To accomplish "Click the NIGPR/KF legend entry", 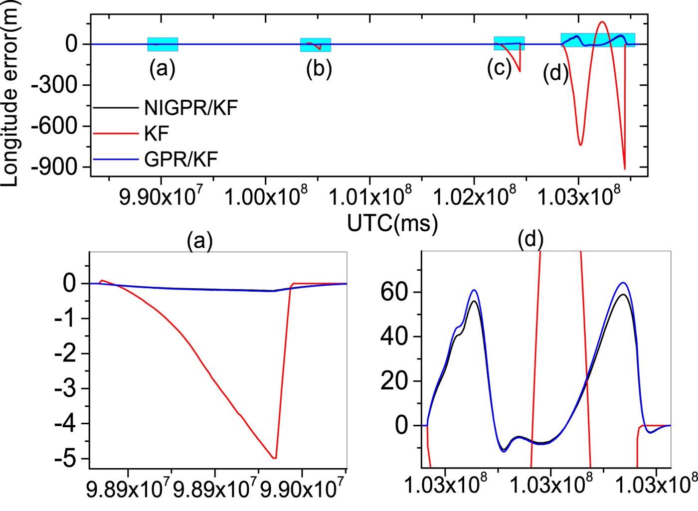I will pos(190,108).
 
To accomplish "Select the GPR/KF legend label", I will pos(180,160).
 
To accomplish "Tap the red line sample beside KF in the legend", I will pos(116,134).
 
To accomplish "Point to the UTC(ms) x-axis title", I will pos(392,223).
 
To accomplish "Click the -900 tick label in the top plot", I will pos(55,167).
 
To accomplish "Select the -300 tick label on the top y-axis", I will pos(55,85).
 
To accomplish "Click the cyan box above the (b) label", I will pos(315,45).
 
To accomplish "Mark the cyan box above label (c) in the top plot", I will pos(509,43).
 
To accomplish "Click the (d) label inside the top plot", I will pos(555,73).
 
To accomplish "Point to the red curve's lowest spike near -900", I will pos(625,169).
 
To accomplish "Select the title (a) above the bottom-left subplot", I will pos(199,241).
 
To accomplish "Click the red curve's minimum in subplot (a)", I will pos(274,458).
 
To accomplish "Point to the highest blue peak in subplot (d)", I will pos(623,283).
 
